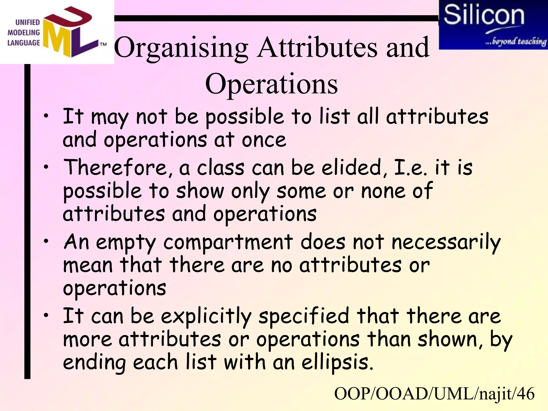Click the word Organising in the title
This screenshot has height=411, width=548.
(181, 48)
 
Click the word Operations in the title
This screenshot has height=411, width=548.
(271, 84)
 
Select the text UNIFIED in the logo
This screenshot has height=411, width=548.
(27, 22)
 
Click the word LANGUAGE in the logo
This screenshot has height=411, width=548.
(24, 43)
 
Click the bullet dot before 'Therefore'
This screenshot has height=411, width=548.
(46, 167)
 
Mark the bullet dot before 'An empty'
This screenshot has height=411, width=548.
(46, 241)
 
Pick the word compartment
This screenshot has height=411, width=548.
(228, 242)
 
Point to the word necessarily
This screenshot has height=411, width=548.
(446, 242)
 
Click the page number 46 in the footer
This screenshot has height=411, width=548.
(526, 394)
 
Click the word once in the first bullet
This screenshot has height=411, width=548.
(264, 140)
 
